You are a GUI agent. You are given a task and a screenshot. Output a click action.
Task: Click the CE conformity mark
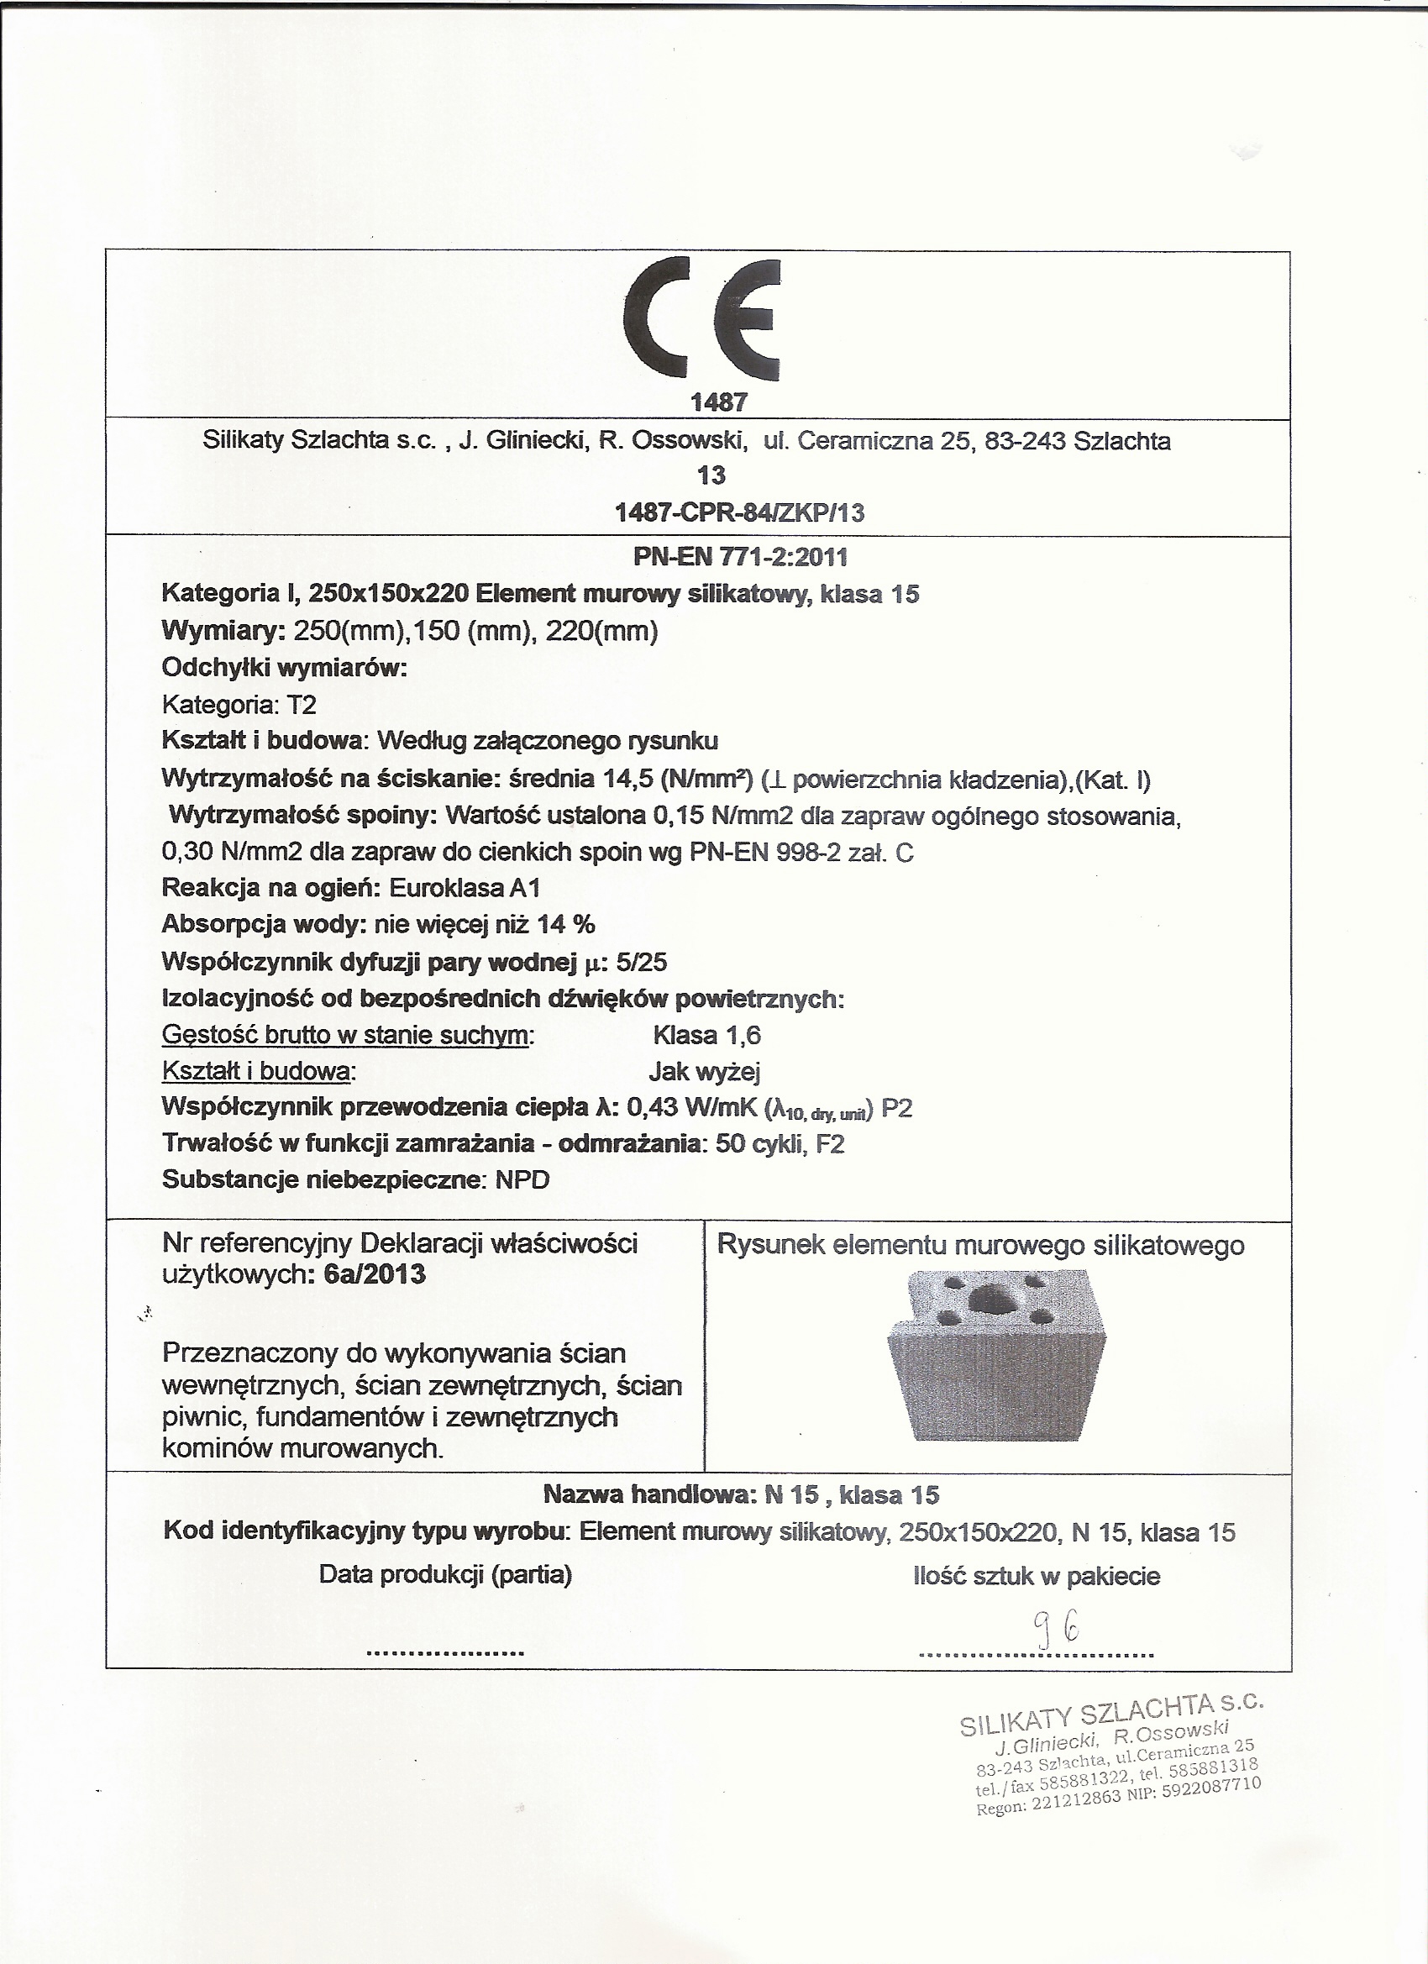click(701, 320)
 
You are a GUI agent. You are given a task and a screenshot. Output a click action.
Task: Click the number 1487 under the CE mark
click(718, 402)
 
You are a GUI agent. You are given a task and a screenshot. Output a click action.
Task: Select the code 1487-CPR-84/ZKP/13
click(738, 513)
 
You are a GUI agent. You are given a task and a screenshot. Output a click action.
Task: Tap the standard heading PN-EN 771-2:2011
click(740, 557)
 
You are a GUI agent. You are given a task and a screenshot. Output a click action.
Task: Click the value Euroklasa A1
click(465, 889)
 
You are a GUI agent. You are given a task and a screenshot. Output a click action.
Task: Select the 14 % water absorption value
click(565, 925)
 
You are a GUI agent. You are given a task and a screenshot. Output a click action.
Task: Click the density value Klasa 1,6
click(706, 1036)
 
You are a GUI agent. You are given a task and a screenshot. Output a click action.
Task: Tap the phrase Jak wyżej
click(704, 1073)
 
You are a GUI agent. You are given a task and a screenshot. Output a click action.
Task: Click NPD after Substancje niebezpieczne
click(522, 1180)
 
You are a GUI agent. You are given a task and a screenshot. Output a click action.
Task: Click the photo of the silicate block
click(996, 1355)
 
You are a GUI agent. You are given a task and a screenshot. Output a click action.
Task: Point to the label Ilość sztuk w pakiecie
click(1036, 1576)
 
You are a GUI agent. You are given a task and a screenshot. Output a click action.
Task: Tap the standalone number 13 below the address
click(711, 475)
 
